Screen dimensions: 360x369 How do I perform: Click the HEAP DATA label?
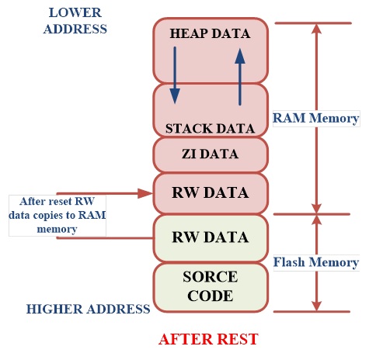pyautogui.click(x=209, y=34)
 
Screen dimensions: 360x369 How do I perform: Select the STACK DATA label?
pyautogui.click(x=209, y=126)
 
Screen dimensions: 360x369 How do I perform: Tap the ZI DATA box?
pyautogui.click(x=209, y=154)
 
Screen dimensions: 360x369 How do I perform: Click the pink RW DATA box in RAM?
pyautogui.click(x=209, y=192)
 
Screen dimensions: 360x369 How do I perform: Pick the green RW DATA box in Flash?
pyautogui.click(x=209, y=237)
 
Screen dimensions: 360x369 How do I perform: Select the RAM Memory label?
pyautogui.click(x=315, y=119)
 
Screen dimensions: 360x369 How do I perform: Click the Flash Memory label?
pyautogui.click(x=315, y=262)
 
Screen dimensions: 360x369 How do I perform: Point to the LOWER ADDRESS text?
pyautogui.click(x=75, y=21)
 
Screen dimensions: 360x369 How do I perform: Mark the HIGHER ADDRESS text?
pyautogui.click(x=88, y=309)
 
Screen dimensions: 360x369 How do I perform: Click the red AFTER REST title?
pyautogui.click(x=207, y=339)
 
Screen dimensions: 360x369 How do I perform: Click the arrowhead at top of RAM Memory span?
pyautogui.click(x=315, y=29)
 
